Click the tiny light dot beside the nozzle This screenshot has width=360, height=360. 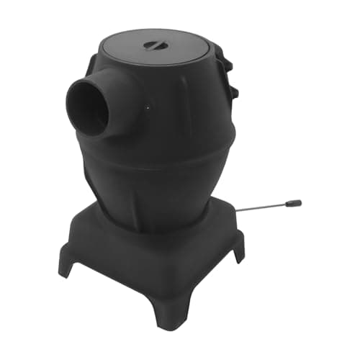(147, 109)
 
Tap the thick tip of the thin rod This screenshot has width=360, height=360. (292, 204)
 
